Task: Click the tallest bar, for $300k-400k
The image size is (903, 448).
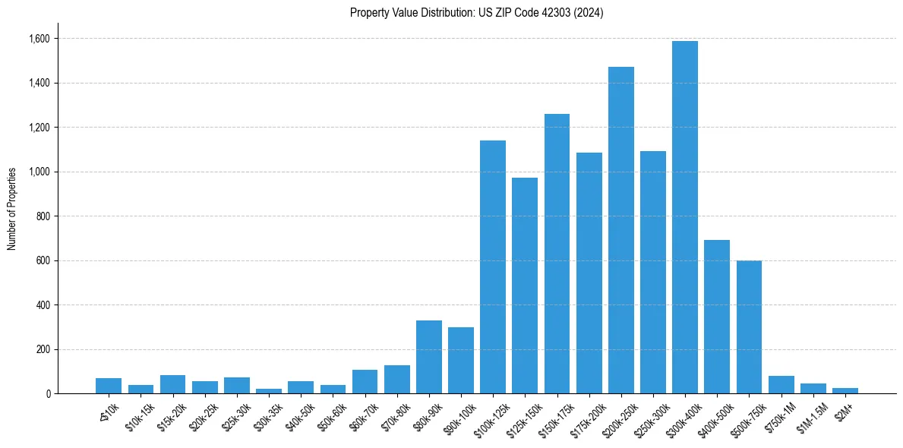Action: tap(684, 217)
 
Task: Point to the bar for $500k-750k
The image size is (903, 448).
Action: tap(749, 327)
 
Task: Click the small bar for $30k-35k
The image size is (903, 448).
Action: tap(269, 391)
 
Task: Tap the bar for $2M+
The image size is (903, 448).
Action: tap(845, 390)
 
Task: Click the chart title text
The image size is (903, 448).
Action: tap(476, 13)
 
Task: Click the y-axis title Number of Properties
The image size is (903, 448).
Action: tap(12, 209)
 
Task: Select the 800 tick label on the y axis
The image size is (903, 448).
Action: tap(42, 216)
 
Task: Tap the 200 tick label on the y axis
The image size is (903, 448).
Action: tap(42, 350)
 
